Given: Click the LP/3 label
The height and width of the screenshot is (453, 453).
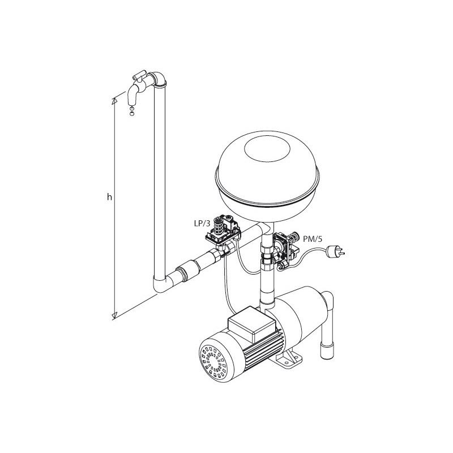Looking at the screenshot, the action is [202, 223].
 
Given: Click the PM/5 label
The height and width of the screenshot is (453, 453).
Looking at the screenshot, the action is [313, 238].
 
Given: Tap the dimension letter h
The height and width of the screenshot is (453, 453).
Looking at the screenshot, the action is [109, 197].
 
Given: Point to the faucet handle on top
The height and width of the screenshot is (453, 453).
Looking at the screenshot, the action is [139, 75].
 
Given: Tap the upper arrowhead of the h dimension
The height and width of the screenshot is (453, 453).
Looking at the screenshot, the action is [114, 101].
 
